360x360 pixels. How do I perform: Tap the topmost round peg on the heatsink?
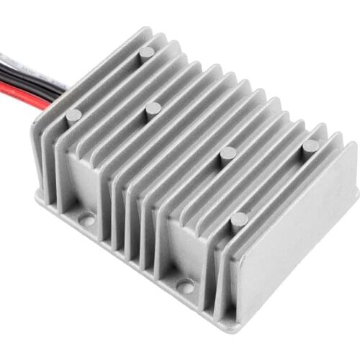[x=146, y=53]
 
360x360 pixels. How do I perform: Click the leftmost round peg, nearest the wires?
[x=73, y=116]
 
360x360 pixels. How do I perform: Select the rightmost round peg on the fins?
[x=310, y=146]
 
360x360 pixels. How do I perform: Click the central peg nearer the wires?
[x=153, y=109]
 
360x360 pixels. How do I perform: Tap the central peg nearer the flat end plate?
[x=228, y=153]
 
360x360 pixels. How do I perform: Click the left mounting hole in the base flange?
[x=87, y=218]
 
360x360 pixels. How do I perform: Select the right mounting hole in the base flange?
[x=185, y=286]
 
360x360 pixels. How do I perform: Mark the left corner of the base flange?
[x=37, y=196]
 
